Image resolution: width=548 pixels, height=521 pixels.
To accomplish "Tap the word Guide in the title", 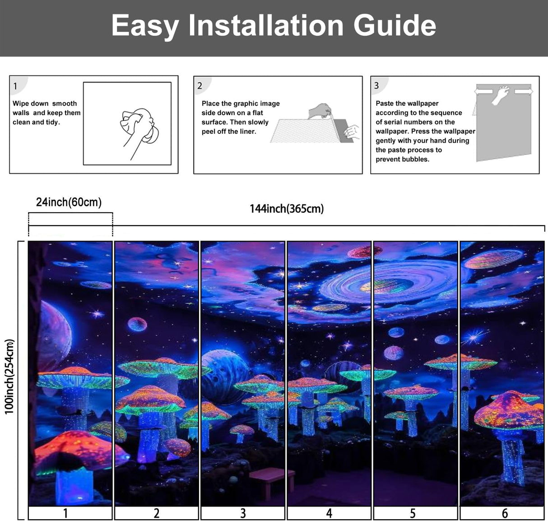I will point(395,25).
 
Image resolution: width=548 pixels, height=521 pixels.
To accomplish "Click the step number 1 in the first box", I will point(15,86).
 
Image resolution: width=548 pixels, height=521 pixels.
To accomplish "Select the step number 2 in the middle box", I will point(200,86).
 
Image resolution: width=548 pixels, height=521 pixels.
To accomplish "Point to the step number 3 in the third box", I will point(376,86).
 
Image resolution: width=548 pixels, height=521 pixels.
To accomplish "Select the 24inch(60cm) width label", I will point(69,202).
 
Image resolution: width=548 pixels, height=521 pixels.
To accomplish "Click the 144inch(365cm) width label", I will point(287,209).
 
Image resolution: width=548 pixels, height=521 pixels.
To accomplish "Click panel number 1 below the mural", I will point(65,513).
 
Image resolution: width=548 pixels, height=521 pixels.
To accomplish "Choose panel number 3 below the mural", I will point(243,513).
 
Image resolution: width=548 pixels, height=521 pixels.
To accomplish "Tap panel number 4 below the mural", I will point(329,513).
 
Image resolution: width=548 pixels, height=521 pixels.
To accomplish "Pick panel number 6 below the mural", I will point(505,513).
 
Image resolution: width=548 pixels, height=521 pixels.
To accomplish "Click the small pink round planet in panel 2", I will point(137,324).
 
